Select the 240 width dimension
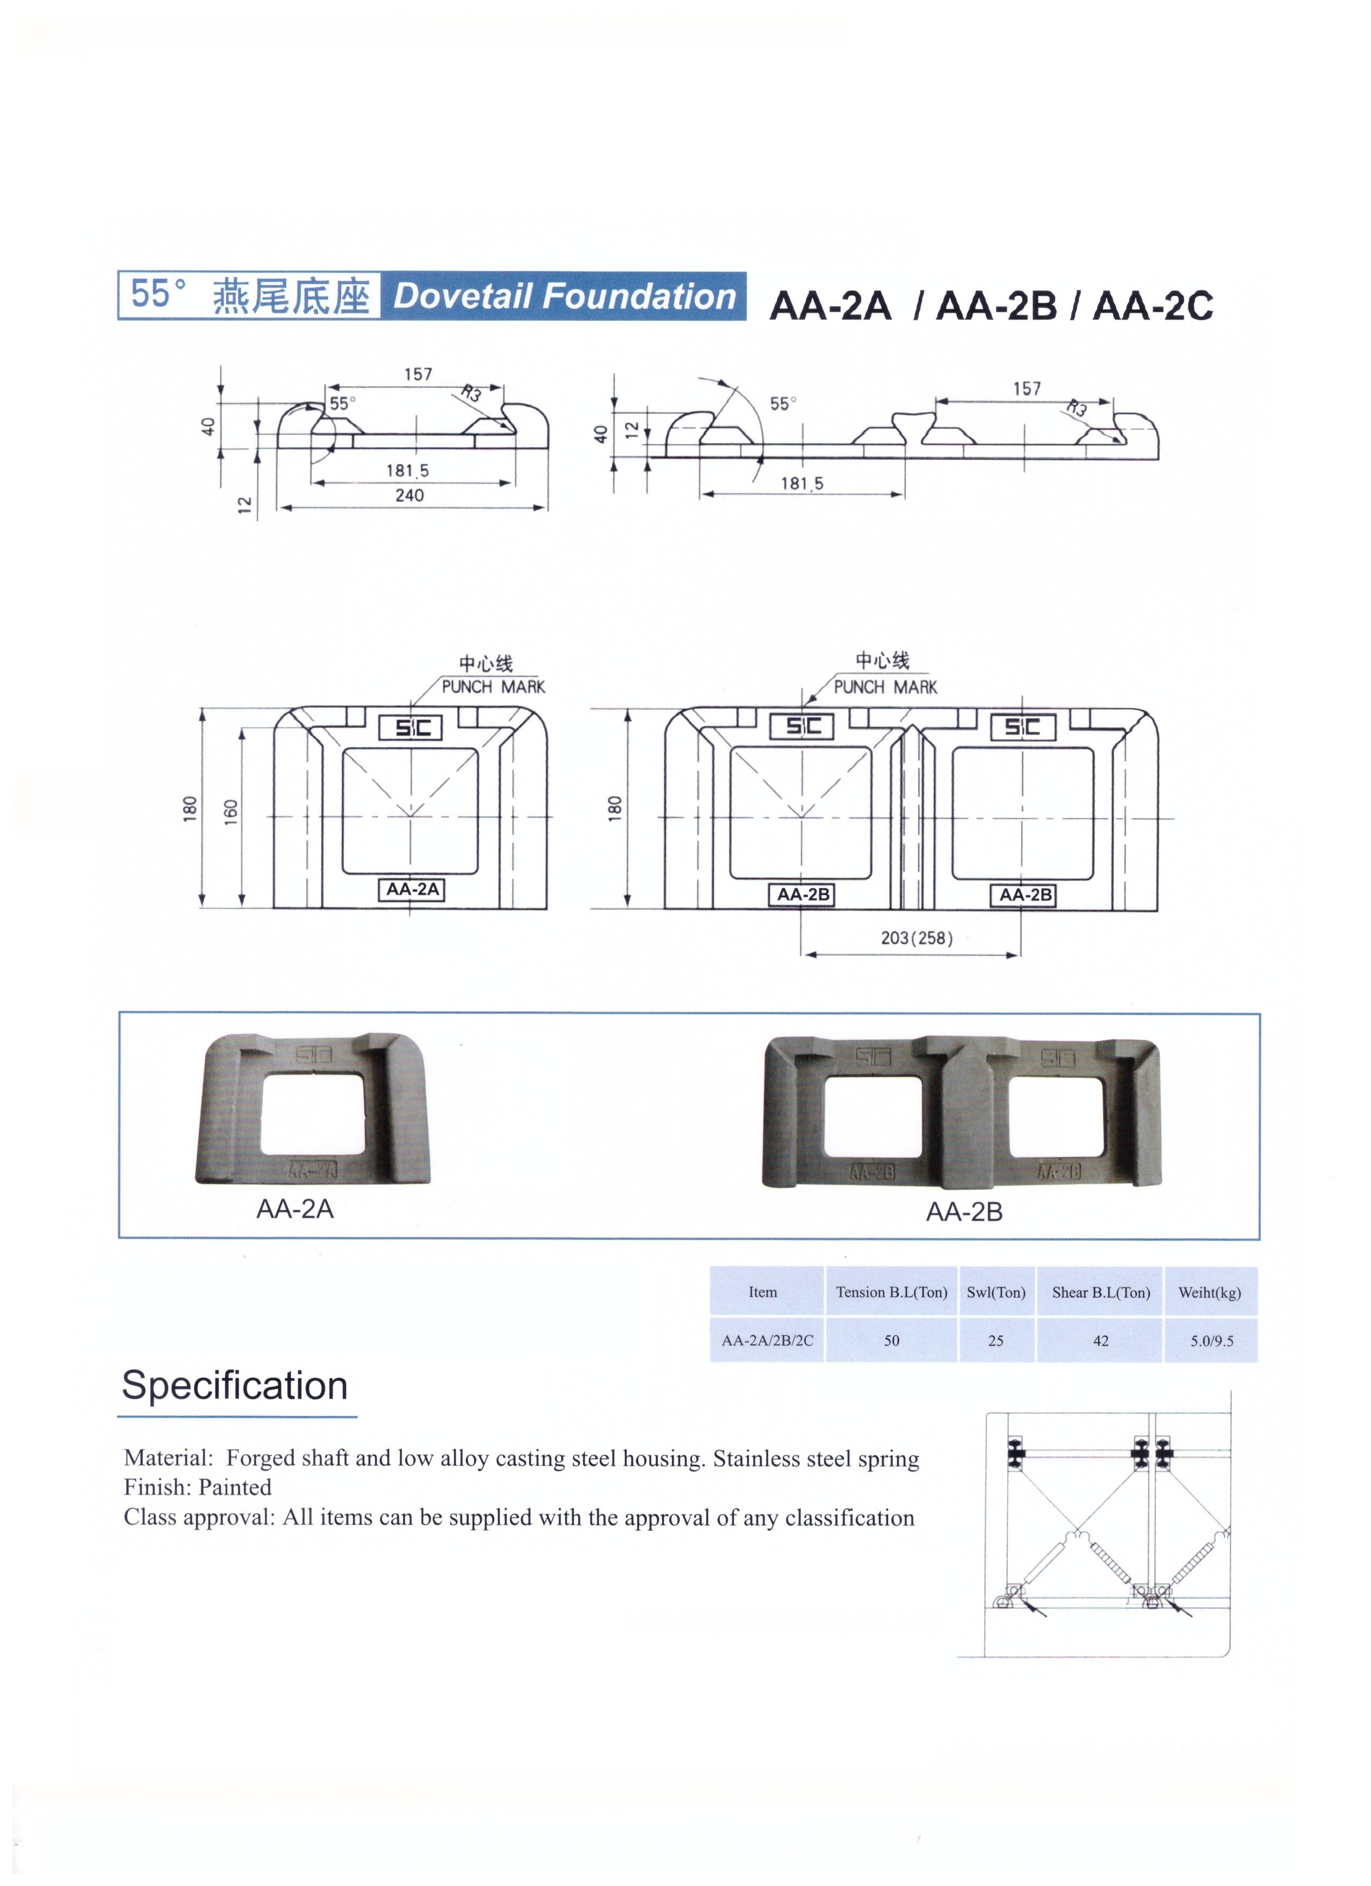(409, 495)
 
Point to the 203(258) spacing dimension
(916, 938)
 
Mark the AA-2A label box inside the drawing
(413, 889)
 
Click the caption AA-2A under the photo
(294, 1208)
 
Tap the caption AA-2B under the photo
(964, 1212)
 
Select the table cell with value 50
(891, 1341)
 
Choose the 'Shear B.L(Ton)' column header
(1101, 1292)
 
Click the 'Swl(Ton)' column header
(996, 1292)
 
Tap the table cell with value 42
(1101, 1341)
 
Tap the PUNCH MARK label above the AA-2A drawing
(493, 687)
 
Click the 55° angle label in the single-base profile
(342, 404)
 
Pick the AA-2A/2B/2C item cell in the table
(767, 1341)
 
